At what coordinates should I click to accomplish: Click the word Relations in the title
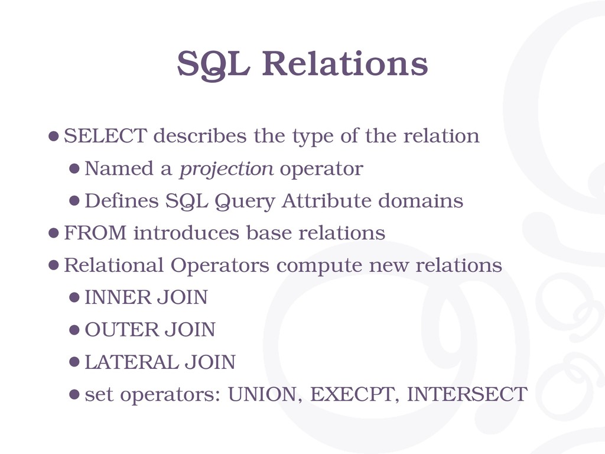345,63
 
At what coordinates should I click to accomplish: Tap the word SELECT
105,135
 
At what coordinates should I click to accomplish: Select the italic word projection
226,169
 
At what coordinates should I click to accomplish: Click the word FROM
95,233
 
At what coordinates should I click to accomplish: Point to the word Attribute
326,201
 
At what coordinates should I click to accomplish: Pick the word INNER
113,297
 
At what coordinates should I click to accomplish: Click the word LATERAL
131,362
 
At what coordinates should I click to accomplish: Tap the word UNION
262,394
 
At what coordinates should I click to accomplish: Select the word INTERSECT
467,394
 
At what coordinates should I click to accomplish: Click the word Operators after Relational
220,266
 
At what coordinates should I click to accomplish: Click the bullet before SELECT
54,136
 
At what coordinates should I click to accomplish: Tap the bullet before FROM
54,233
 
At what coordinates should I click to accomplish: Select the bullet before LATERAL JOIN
74,362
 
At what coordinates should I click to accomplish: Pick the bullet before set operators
74,394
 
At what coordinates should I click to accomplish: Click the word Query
245,202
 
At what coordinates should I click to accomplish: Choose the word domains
421,201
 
